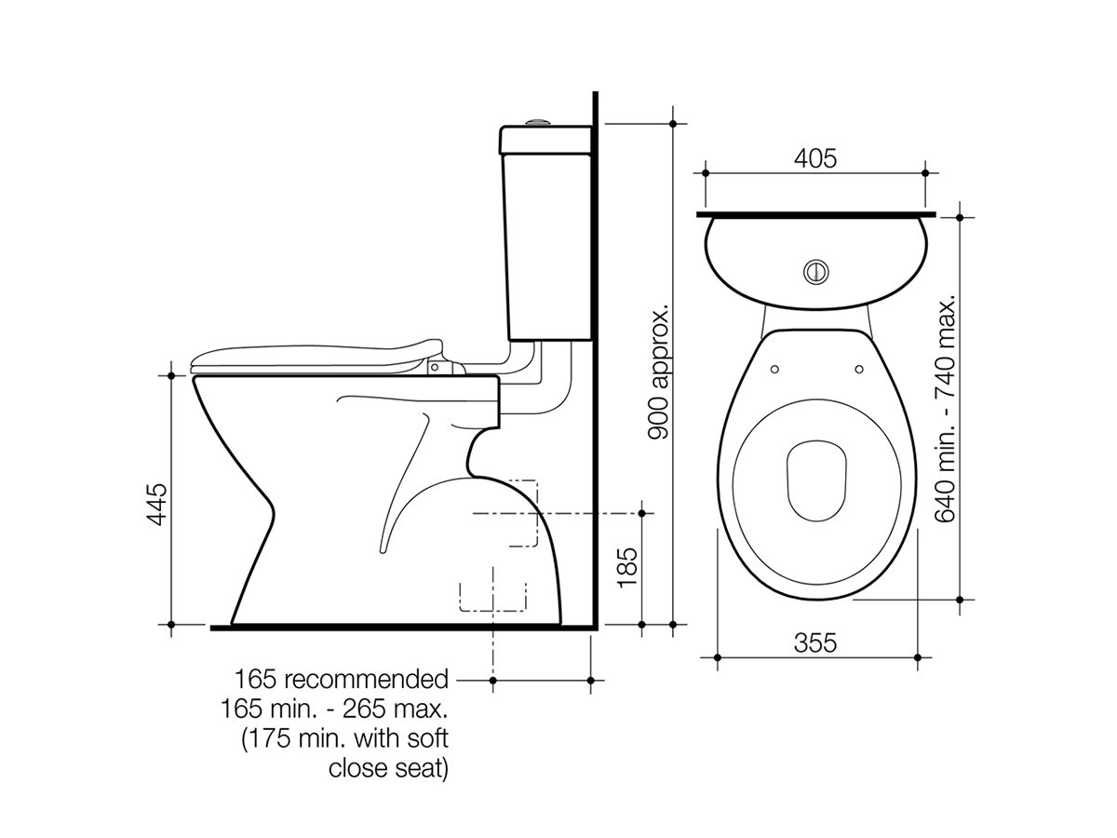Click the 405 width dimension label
click(x=814, y=158)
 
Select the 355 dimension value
click(x=815, y=642)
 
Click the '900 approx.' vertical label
click(x=658, y=372)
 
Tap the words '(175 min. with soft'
click(x=344, y=740)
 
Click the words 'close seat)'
click(x=388, y=770)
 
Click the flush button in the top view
click(x=814, y=271)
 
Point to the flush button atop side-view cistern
click(x=537, y=121)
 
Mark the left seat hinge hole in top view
click(x=774, y=367)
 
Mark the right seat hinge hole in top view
click(x=855, y=367)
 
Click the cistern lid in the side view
click(x=547, y=141)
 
